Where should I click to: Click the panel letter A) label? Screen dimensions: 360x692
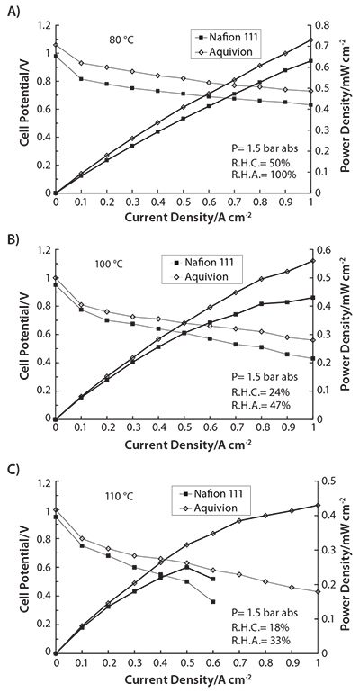pos(13,12)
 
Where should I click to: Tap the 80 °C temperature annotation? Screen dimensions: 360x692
pos(121,40)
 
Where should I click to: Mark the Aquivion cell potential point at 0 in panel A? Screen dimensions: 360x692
pos(56,45)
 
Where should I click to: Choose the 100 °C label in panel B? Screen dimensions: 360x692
pos(109,265)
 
